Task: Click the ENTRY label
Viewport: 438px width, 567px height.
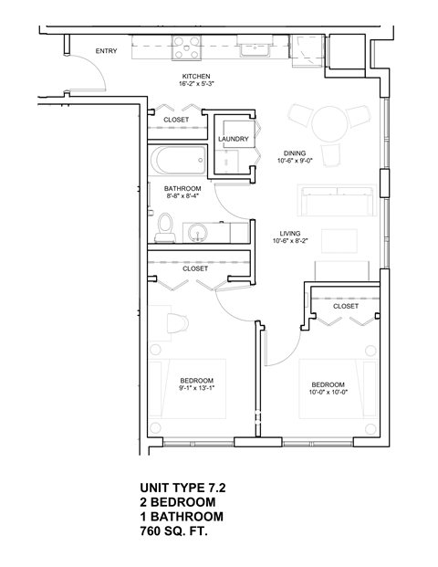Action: pyautogui.click(x=106, y=51)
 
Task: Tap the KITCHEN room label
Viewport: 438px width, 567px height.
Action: pyautogui.click(x=197, y=77)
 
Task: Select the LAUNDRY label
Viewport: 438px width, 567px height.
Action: pyautogui.click(x=235, y=139)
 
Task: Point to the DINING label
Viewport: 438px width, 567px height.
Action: pyautogui.click(x=294, y=153)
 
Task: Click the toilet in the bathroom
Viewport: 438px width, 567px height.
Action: pyautogui.click(x=165, y=226)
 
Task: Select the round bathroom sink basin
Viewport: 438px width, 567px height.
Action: pyautogui.click(x=198, y=232)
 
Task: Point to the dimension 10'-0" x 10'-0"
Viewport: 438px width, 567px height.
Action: pyautogui.click(x=328, y=394)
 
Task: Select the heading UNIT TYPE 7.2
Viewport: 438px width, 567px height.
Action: pyautogui.click(x=182, y=488)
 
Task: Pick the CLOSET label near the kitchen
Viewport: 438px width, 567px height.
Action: pyautogui.click(x=176, y=120)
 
